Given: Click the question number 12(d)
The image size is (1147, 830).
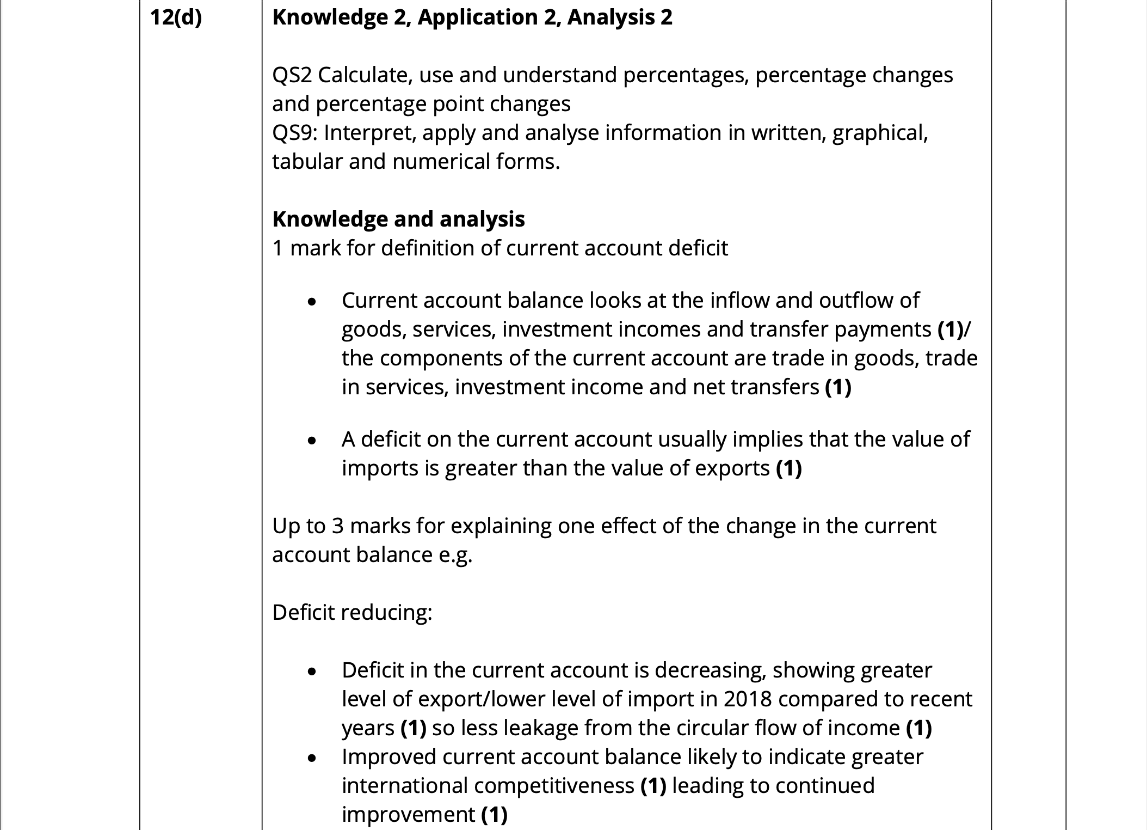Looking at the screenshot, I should click(x=176, y=18).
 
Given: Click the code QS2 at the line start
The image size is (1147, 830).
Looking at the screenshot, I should click(x=292, y=75).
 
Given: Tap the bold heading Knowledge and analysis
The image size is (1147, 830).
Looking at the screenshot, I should click(x=398, y=219).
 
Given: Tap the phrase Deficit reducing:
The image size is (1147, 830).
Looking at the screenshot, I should click(x=352, y=613).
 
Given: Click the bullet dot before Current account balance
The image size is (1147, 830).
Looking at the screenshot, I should click(x=312, y=301).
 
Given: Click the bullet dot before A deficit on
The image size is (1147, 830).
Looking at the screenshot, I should click(x=312, y=440).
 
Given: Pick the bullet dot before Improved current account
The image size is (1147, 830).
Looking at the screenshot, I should click(x=312, y=758).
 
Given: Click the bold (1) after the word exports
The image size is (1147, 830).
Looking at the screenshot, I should click(x=788, y=468).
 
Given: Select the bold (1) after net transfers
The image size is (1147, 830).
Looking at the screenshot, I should click(x=838, y=387).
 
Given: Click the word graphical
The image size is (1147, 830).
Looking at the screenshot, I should click(x=880, y=133).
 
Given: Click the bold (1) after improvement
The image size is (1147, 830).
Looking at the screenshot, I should click(x=494, y=815).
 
